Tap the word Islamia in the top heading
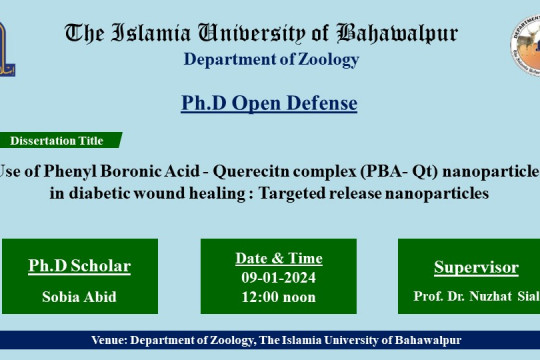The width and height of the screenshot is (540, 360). pos(160,33)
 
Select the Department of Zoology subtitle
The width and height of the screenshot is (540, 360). pos(270,59)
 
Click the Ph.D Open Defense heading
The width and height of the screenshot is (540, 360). pos(269,103)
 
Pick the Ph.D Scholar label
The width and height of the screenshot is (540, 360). pos(79,267)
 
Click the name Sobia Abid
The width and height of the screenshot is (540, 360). pos(79,296)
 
